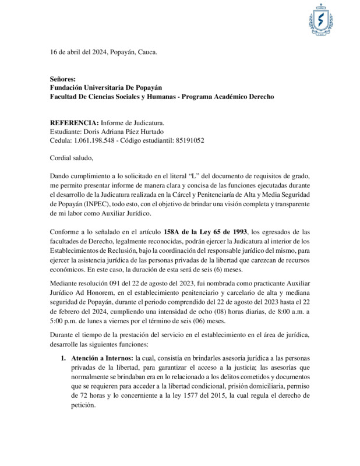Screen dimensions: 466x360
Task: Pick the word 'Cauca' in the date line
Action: point(147,52)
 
